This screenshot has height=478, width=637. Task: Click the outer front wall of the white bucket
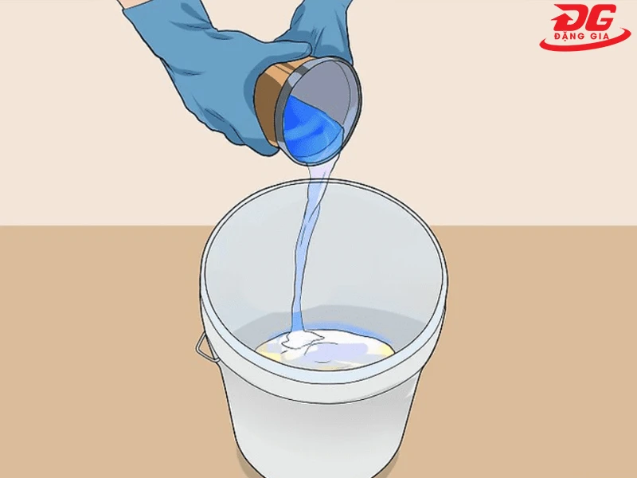click(x=318, y=422)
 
